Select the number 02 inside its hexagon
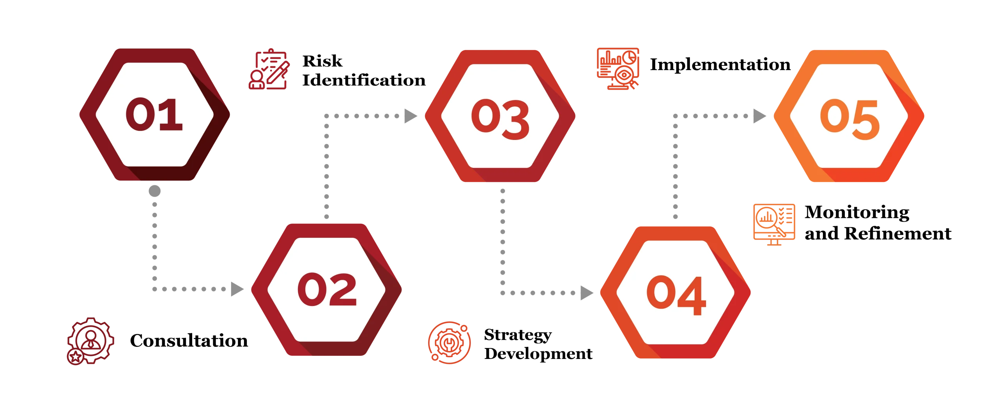327,289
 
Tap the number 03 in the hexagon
500,119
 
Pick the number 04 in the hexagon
676,295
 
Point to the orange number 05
849,119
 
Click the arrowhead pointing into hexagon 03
409,115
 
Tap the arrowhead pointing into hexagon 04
586,293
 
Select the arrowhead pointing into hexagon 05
759,115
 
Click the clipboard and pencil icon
269,69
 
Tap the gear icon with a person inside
90,341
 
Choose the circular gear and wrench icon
449,343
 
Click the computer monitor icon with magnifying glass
775,223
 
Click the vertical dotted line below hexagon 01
154,242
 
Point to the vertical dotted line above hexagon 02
326,168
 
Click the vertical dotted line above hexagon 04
676,171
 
